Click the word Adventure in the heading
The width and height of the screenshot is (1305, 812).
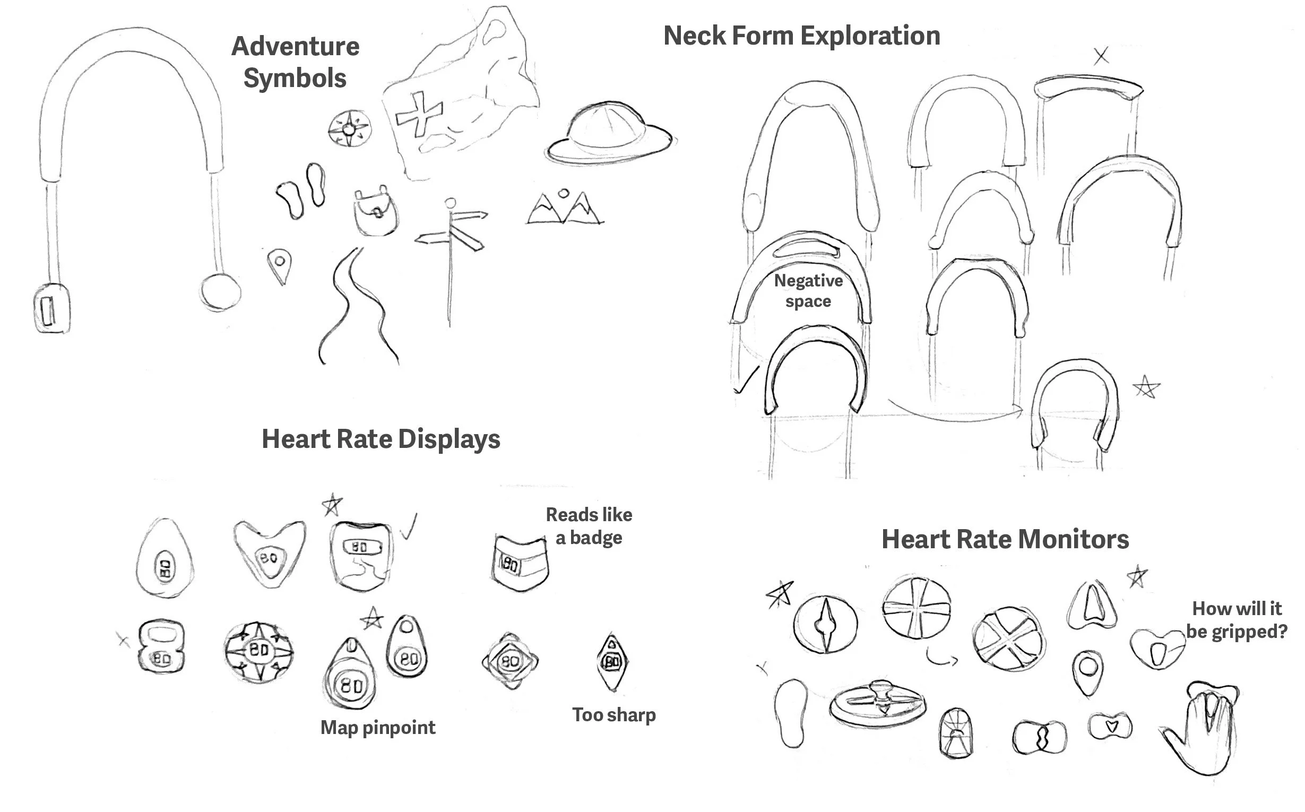(x=296, y=46)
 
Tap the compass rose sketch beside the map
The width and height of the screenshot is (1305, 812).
(x=349, y=129)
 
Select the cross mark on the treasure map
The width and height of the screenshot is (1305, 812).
(x=419, y=114)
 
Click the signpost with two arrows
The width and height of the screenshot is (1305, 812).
(x=451, y=236)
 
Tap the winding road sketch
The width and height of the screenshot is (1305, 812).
(x=357, y=306)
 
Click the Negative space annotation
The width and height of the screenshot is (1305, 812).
(x=808, y=290)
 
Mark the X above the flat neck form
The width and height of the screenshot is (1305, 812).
(x=1101, y=56)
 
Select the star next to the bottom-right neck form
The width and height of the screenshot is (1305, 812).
(x=1146, y=387)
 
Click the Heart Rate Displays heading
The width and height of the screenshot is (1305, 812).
(x=381, y=439)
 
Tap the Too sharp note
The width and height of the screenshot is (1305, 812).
(x=614, y=715)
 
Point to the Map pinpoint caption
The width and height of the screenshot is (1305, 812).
(x=377, y=727)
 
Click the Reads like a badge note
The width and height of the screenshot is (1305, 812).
(x=589, y=526)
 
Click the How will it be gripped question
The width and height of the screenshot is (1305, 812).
(x=1236, y=620)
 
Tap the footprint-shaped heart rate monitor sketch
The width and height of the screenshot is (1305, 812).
(x=792, y=713)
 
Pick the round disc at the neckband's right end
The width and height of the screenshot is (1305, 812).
(x=220, y=291)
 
